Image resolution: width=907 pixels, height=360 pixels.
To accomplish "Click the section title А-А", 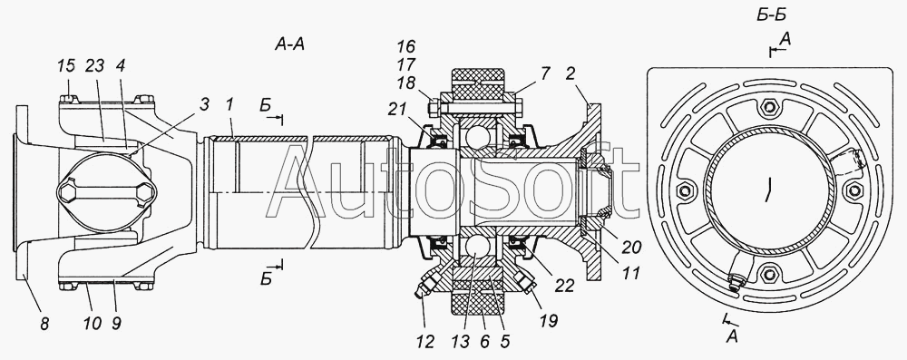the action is click(289, 44).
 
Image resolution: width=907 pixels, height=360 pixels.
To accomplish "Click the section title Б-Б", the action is click(771, 15).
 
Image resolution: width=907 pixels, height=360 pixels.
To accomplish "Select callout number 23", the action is click(94, 65).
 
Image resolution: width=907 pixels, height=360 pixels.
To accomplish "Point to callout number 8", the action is click(44, 324).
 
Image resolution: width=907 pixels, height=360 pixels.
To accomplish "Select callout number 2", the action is click(570, 73).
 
